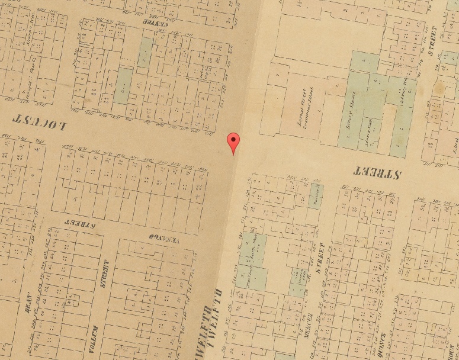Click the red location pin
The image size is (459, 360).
[234, 142]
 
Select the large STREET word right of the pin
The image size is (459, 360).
[377, 172]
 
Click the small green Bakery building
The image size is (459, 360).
[316, 195]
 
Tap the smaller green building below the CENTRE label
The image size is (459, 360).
[146, 50]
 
